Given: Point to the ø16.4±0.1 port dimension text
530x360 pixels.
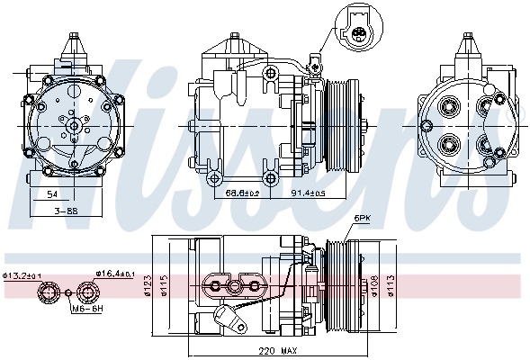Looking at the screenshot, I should (x=114, y=274).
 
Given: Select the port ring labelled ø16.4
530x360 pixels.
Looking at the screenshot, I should (x=87, y=292).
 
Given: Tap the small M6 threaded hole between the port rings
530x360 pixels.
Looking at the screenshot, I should (x=68, y=292).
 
